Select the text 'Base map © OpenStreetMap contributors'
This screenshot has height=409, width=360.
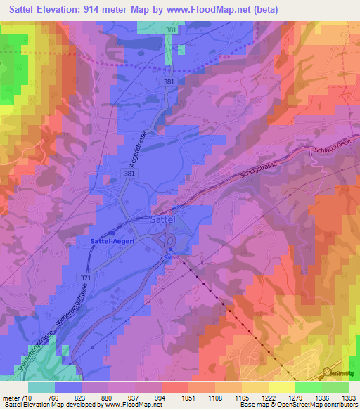coord(298,405)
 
